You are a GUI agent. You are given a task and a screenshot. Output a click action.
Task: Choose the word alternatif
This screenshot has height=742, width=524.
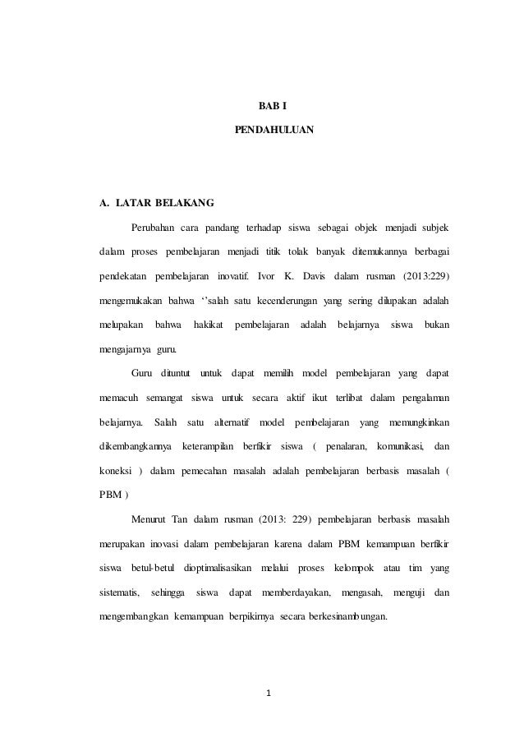[232, 423]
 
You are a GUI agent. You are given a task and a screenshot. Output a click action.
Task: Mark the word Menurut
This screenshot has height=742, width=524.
[149, 520]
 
